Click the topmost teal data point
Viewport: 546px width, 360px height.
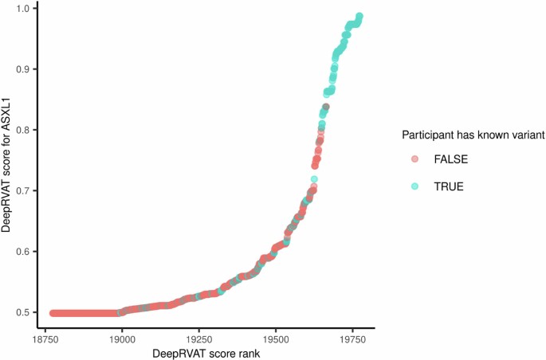click(359, 16)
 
